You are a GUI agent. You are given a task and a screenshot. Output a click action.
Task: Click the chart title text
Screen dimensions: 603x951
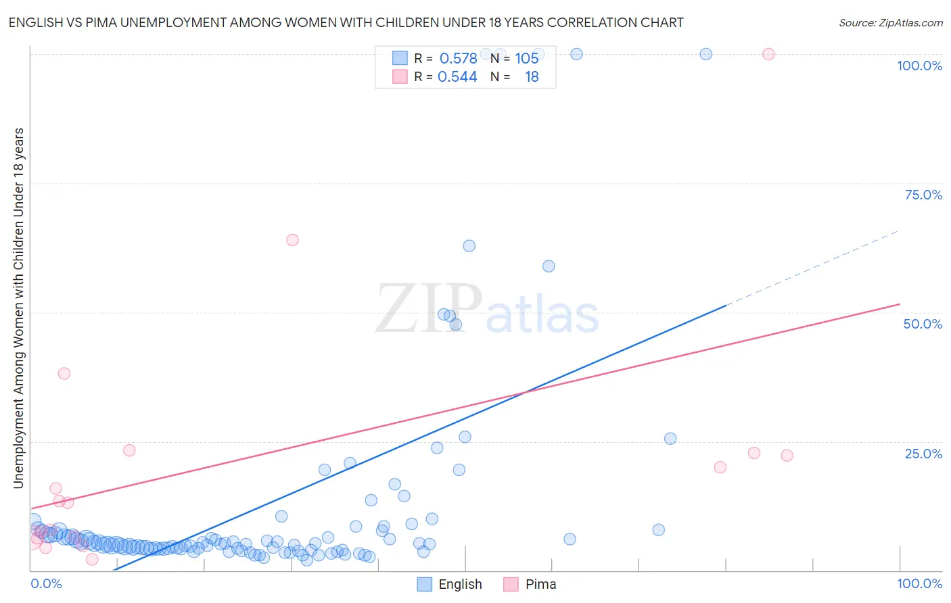click(346, 22)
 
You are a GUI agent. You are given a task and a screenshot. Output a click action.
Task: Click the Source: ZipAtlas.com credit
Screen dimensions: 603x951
click(890, 22)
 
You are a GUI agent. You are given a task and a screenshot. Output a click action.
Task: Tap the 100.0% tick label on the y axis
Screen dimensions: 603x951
click(919, 66)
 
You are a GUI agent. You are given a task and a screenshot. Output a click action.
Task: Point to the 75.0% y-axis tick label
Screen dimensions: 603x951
click(923, 195)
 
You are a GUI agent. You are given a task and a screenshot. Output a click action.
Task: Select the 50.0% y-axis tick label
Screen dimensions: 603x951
click(923, 324)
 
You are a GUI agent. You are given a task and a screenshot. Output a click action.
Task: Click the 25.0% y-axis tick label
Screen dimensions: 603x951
click(923, 454)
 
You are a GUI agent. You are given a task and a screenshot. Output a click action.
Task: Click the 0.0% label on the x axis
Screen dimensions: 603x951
click(46, 583)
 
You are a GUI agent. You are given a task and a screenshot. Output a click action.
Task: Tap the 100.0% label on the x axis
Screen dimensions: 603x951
click(919, 583)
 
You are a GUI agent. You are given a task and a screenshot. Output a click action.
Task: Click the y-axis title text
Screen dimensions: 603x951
click(18, 308)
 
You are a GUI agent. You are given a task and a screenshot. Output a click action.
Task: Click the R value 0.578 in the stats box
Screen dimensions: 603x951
click(458, 58)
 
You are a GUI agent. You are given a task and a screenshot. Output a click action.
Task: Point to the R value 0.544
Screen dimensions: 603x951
click(457, 76)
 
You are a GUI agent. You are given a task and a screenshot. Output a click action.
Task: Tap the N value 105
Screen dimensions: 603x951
click(526, 58)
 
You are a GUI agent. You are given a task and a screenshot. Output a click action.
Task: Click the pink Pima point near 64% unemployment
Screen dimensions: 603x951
click(292, 240)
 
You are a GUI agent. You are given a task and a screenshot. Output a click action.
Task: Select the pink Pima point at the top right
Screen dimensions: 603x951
click(768, 54)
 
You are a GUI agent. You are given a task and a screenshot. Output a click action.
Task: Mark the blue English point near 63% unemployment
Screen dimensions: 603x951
click(469, 246)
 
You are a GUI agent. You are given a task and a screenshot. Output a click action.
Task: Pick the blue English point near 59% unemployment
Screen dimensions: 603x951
click(549, 266)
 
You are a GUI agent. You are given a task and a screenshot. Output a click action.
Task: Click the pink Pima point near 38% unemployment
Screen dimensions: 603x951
click(64, 373)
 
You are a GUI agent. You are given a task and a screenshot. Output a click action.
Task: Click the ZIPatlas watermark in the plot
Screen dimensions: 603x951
click(487, 310)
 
